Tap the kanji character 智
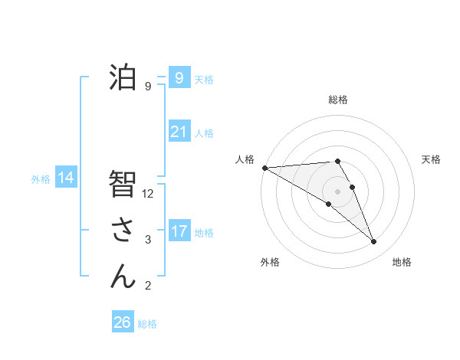(x=123, y=184)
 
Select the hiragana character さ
(x=123, y=229)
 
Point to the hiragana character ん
(x=123, y=275)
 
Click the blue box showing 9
(x=179, y=77)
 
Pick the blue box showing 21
(x=179, y=132)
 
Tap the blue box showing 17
(x=179, y=231)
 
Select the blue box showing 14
(x=65, y=178)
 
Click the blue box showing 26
(x=122, y=322)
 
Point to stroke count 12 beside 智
(x=149, y=195)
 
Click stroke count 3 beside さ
(x=148, y=240)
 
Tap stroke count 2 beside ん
(x=148, y=286)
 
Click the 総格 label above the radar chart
(x=338, y=100)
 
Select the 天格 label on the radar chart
(x=432, y=159)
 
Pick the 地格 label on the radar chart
(x=402, y=262)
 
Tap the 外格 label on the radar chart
(x=270, y=262)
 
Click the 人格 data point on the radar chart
(x=264, y=168)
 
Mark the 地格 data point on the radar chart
(x=374, y=242)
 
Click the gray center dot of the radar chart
(x=337, y=191)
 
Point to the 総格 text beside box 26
(x=148, y=324)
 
